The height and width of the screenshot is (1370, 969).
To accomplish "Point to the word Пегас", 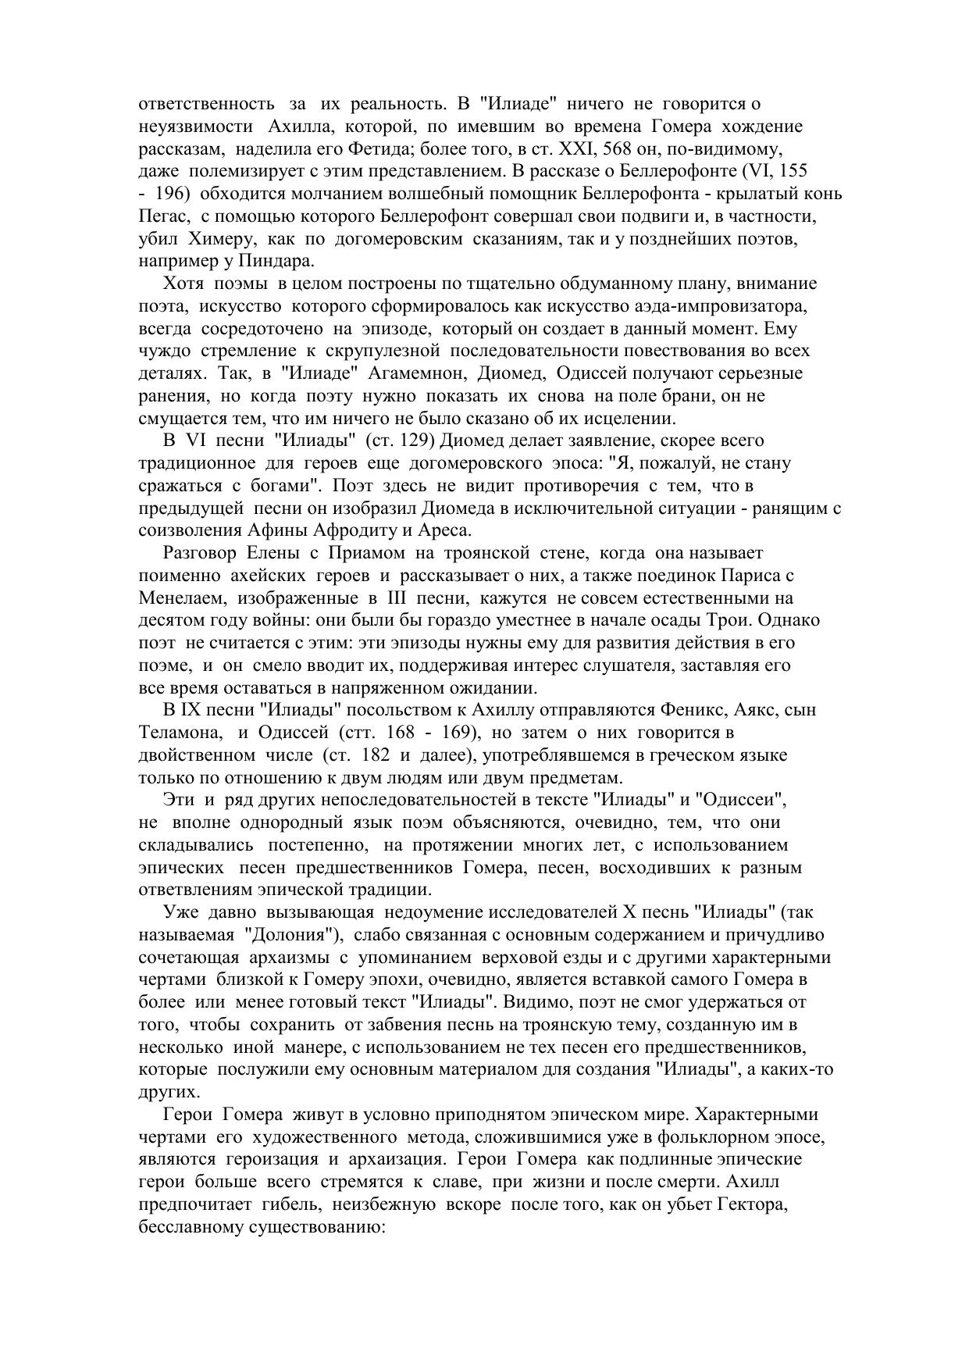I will pos(159,216).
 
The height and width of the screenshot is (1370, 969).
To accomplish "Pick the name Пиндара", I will pos(277,261).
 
